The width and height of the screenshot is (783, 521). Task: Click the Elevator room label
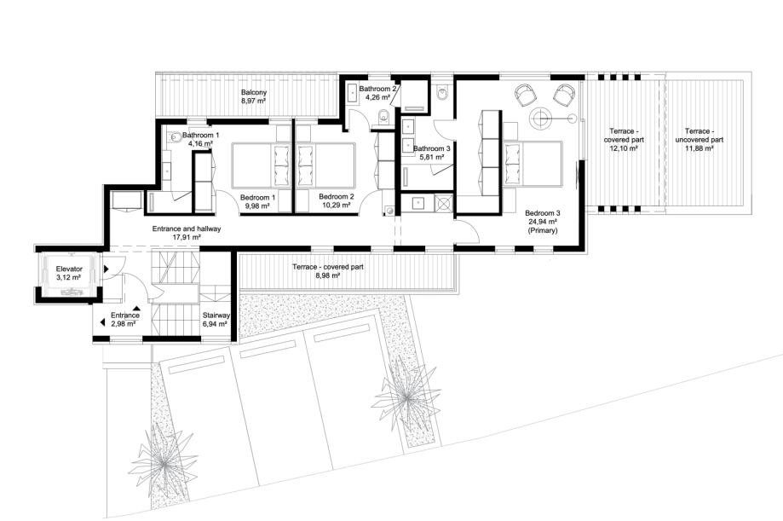click(x=69, y=269)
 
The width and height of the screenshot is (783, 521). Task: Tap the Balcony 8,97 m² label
click(x=254, y=96)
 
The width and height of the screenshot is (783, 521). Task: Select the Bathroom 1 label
click(x=200, y=135)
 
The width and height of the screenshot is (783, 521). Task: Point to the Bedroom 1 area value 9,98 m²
click(x=257, y=205)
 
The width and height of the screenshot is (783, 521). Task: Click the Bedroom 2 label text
click(x=336, y=196)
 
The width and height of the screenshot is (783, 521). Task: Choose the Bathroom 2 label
click(x=378, y=89)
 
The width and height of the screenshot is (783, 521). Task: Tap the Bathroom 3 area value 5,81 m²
click(x=432, y=157)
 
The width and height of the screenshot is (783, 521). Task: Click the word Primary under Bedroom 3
click(x=542, y=230)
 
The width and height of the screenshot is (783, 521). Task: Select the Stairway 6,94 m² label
click(x=216, y=320)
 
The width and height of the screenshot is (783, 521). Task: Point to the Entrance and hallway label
click(x=187, y=229)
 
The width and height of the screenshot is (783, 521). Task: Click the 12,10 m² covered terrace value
click(x=624, y=148)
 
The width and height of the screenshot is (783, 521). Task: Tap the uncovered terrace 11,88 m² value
click(x=700, y=148)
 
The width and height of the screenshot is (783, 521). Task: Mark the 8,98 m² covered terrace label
click(x=327, y=275)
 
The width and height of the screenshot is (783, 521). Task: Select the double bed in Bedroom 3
click(x=533, y=163)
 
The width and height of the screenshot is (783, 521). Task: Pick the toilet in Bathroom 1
click(x=175, y=136)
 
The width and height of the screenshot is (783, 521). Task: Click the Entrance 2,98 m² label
click(x=125, y=320)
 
